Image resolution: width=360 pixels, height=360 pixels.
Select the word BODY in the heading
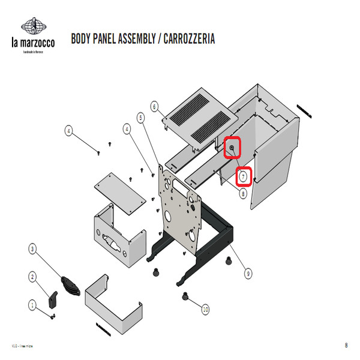(82, 40)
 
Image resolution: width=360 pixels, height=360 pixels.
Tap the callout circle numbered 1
(32, 305)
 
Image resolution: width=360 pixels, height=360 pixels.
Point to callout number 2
(32, 277)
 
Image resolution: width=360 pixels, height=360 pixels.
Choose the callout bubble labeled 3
(32, 247)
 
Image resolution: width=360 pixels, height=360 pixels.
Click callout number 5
(141, 117)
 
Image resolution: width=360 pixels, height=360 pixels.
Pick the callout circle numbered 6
(154, 106)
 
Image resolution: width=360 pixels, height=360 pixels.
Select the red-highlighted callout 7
(243, 176)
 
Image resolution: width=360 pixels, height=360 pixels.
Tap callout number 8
(243, 194)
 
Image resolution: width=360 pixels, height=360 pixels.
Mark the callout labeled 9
(248, 274)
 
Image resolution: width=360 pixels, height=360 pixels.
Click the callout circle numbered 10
(206, 310)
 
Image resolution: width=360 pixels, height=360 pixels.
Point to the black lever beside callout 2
(53, 299)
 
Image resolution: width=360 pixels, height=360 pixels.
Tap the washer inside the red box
(232, 147)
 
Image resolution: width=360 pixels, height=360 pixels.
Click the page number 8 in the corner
(346, 345)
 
